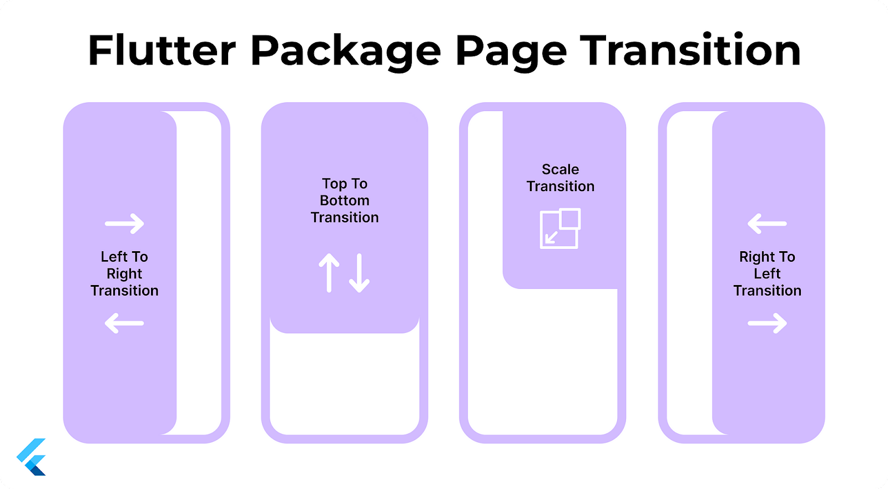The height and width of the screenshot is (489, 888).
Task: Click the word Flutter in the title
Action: [x=162, y=50]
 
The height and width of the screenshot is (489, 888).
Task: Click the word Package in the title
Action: [x=345, y=52]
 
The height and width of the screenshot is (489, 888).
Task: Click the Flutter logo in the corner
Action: [x=31, y=457]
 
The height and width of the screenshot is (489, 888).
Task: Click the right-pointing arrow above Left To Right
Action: [x=124, y=224]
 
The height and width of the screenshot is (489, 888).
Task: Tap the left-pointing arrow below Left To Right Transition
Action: [x=124, y=323]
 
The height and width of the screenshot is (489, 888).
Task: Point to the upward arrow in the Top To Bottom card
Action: [x=329, y=273]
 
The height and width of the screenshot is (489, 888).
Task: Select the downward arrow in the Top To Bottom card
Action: [x=360, y=273]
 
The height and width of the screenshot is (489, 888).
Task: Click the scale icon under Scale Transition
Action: [x=560, y=228]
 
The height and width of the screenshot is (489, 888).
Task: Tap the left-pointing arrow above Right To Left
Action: [x=767, y=224]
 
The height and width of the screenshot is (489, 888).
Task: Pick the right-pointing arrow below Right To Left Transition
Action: [x=767, y=323]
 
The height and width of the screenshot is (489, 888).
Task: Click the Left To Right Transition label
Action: [x=124, y=274]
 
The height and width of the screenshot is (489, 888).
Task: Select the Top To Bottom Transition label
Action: [x=345, y=201]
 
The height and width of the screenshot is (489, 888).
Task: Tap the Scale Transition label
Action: [x=560, y=178]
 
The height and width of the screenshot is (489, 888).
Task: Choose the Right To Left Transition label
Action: [x=767, y=274]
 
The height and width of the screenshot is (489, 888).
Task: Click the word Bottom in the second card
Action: [x=345, y=201]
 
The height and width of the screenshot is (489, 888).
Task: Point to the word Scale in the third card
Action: [x=560, y=169]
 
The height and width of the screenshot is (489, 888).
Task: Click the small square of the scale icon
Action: [x=571, y=219]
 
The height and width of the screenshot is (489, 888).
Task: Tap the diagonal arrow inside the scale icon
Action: [x=551, y=237]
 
